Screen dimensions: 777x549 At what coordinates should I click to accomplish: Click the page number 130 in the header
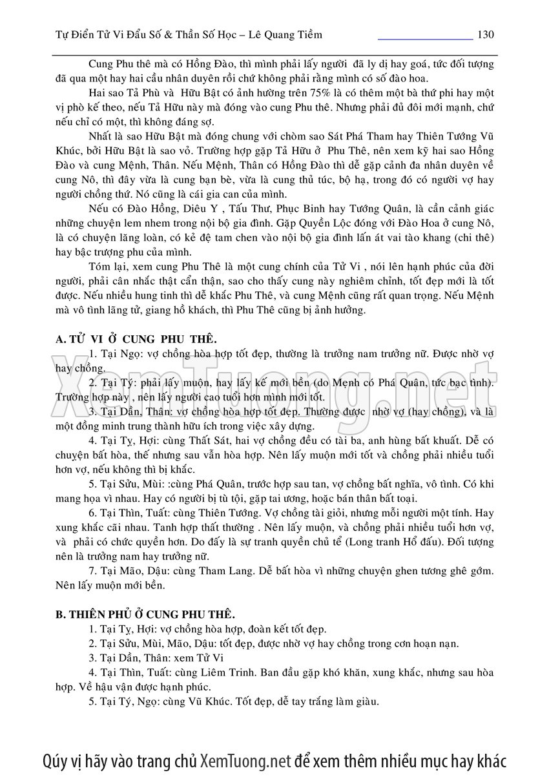[x=484, y=34]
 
